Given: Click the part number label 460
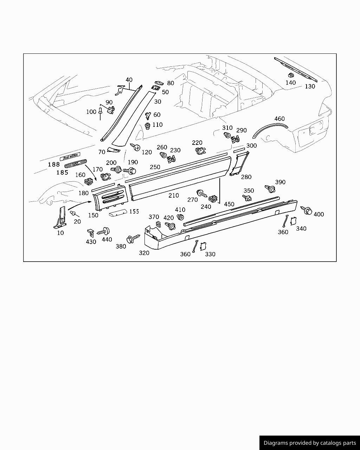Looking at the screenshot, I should (279, 119).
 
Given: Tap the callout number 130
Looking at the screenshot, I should (310, 86).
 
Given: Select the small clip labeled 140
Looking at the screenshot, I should (291, 75).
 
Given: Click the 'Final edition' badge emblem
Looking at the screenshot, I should (70, 157).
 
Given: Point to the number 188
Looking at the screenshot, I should (54, 165).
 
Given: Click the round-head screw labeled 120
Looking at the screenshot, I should (136, 147).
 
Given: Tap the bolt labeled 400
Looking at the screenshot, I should (307, 211).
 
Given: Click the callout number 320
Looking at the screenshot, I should (144, 253).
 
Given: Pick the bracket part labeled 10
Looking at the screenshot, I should (61, 217).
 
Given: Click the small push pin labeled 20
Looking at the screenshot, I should (73, 213).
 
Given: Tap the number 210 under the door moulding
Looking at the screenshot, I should (173, 195).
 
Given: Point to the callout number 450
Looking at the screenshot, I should (229, 204).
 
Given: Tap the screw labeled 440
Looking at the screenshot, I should (104, 231).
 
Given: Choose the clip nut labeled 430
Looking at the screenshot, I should (90, 232).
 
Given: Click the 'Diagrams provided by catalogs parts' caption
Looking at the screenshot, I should (309, 443).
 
